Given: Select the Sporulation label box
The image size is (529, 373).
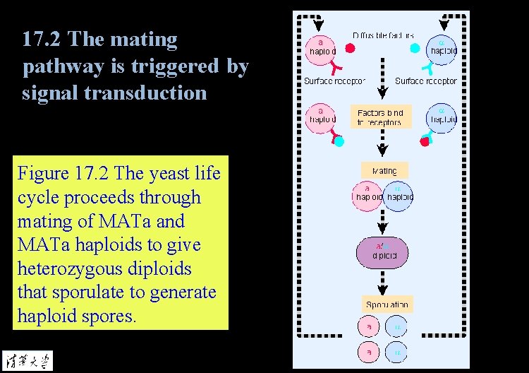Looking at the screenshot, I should point(387,304).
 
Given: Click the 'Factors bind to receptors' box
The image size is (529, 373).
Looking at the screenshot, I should point(380,117).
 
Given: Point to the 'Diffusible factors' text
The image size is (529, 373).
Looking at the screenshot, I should point(383,35).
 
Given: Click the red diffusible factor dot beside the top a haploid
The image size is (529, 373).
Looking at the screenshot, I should point(350,48).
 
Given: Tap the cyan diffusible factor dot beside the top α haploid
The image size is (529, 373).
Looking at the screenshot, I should point(415,48).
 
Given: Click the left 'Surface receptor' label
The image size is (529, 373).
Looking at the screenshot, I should point(335,81).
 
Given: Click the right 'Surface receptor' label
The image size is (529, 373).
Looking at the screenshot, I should point(426,81).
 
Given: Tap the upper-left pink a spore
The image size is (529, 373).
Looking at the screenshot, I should point(367,327).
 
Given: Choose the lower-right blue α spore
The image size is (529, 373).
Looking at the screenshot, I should point(396,351).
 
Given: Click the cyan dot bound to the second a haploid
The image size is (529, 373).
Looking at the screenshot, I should point(339,141).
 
